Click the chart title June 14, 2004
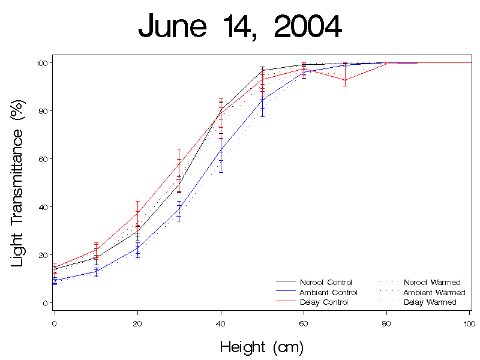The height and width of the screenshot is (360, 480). pos(240,27)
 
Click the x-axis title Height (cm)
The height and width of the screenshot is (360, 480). pos(262,347)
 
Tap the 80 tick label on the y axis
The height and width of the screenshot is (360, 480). pos(43,111)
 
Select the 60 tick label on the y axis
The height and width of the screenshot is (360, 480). pos(43,159)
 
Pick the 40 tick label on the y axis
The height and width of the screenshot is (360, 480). pos(43,207)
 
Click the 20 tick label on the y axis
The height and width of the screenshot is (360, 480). pos(43,255)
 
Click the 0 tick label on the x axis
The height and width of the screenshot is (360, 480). pos(55,324)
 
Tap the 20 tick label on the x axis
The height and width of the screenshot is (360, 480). pos(137,324)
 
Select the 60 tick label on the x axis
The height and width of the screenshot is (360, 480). pos(304,324)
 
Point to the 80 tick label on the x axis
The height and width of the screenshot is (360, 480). pos(386,324)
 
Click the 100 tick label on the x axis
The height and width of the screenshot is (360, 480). pos(470,324)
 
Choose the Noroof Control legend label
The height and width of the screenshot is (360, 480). pos(326,282)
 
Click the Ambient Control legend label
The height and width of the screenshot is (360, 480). pos(328,292)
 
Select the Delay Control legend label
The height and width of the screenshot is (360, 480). pos(323,302)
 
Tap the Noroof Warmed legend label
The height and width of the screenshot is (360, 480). pos(432,282)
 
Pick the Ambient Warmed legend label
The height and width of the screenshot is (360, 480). pos(434,292)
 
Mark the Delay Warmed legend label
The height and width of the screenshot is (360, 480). pos(430,302)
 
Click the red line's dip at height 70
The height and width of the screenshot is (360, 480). pos(345,80)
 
